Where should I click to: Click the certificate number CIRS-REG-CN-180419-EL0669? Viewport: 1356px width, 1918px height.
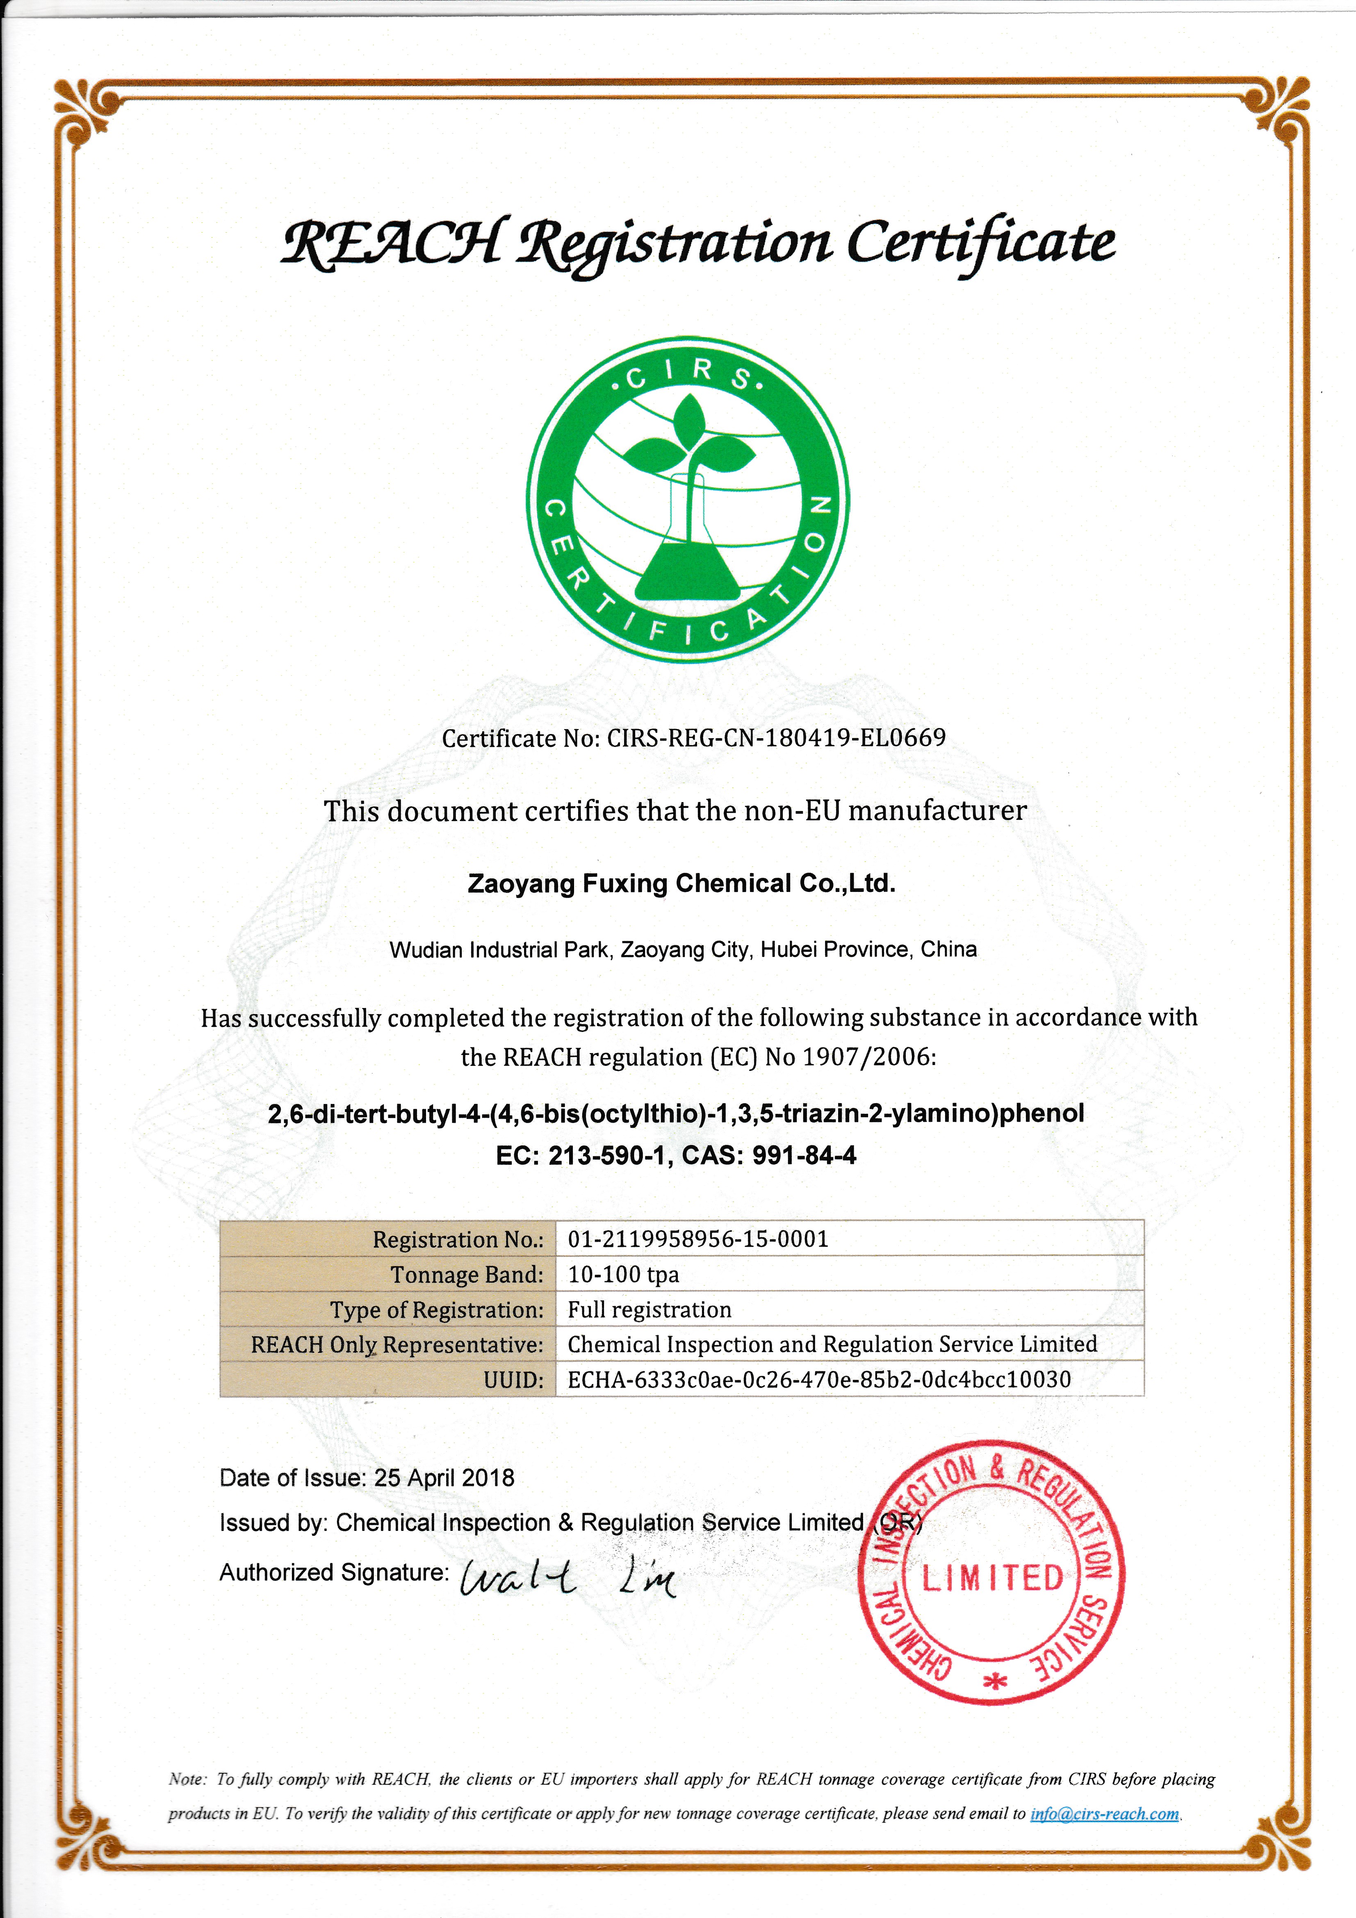[x=776, y=738]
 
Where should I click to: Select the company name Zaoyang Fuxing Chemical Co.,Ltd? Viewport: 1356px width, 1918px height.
[x=681, y=884]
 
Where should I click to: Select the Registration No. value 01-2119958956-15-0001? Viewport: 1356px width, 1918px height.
[x=697, y=1239]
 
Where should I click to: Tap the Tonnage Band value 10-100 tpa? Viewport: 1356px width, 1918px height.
[x=623, y=1275]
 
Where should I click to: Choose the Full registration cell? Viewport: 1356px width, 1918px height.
[x=649, y=1310]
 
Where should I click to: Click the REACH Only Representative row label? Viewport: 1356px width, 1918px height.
[x=397, y=1345]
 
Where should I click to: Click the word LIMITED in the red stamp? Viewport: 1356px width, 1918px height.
[x=993, y=1578]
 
